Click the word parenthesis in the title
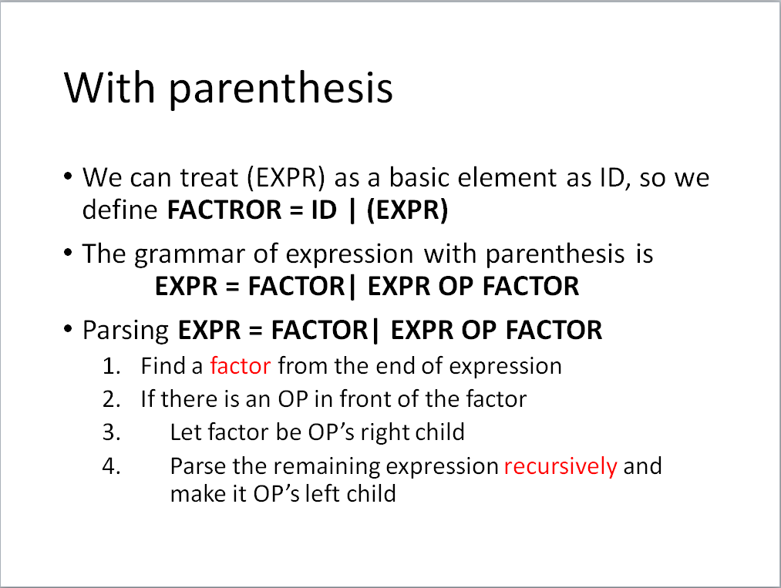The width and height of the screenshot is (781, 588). [281, 89]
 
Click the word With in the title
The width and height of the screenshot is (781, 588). [109, 87]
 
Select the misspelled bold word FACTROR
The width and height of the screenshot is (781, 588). [224, 210]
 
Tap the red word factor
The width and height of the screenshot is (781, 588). [241, 366]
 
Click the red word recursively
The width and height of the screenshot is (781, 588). [561, 467]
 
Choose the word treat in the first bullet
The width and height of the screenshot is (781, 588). [209, 178]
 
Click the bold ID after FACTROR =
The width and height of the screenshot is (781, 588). [325, 210]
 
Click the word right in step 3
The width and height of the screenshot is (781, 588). [383, 433]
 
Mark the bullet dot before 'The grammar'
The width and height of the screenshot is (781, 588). [69, 252]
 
